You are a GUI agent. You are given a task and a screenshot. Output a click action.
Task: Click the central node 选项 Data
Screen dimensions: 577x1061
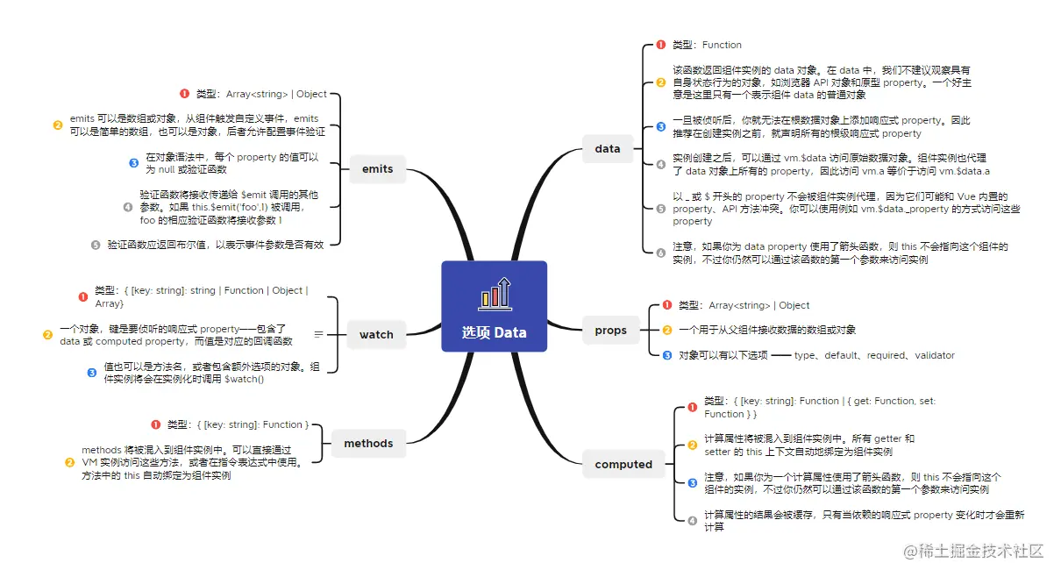[x=494, y=306]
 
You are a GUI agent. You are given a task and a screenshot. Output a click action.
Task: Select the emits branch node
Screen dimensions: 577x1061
[x=377, y=169]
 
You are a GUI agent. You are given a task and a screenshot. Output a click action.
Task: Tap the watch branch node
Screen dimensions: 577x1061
[x=376, y=334]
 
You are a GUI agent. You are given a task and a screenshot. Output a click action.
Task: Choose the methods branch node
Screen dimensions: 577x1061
[x=368, y=443]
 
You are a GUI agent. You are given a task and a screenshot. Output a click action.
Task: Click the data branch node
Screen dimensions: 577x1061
[x=607, y=149]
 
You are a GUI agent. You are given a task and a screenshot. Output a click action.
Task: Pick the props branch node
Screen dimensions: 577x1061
[x=610, y=331]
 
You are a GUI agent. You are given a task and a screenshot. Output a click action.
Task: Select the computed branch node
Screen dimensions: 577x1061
[x=623, y=464]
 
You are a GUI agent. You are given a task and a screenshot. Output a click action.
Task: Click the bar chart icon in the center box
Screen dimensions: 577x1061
[x=494, y=293]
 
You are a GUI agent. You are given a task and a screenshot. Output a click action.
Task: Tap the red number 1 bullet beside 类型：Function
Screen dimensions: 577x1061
[x=660, y=45]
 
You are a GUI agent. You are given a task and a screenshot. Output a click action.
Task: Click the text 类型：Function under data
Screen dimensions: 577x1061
[x=707, y=45]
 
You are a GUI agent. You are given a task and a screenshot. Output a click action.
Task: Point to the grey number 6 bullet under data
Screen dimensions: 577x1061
[x=660, y=253]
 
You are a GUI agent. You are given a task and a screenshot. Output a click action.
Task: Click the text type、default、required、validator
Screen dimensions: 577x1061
[x=874, y=355]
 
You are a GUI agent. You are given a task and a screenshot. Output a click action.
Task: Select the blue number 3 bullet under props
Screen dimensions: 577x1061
[x=666, y=355]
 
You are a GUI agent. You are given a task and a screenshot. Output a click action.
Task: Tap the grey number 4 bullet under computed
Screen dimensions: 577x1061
[x=692, y=521]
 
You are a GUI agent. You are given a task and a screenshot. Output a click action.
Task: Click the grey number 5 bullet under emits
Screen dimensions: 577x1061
[x=96, y=245]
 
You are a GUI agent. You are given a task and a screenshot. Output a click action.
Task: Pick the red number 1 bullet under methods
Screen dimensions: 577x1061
[x=156, y=425]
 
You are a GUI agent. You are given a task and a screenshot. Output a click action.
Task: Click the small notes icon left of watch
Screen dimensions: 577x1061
[x=318, y=334]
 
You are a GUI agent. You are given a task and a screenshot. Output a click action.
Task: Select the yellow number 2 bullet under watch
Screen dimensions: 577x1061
[x=47, y=334]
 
